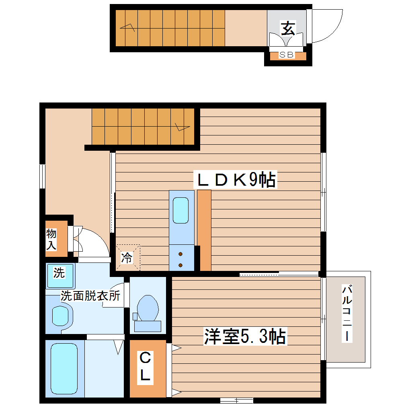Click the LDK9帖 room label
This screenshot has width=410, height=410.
click(x=236, y=180)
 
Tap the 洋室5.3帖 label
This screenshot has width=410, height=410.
click(x=245, y=336)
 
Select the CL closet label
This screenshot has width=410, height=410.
click(x=145, y=367)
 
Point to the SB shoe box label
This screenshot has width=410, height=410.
click(x=287, y=55)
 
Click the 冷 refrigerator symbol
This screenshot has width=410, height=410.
click(x=127, y=258)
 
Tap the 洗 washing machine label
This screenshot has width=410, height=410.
click(x=59, y=273)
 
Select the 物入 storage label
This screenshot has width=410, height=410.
click(x=51, y=240)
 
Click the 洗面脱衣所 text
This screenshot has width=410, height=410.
click(x=90, y=296)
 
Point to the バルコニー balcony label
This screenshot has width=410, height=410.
click(x=348, y=314)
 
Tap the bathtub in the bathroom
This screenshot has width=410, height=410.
click(x=64, y=369)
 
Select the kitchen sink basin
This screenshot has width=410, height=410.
click(x=180, y=210)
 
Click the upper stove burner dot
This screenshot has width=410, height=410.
click(x=180, y=254)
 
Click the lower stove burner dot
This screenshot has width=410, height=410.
click(x=180, y=264)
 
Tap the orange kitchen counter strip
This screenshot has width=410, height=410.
click(x=204, y=230)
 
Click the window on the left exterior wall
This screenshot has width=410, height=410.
click(x=42, y=176)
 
